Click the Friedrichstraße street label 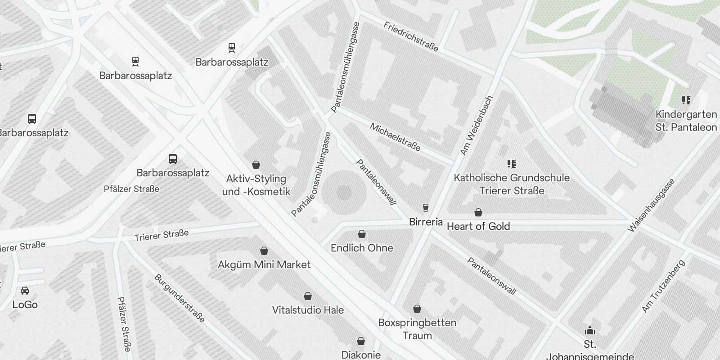[411, 36]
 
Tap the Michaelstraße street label [395, 137]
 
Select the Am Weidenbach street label [477, 126]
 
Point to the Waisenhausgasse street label [651, 206]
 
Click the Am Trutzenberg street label [663, 286]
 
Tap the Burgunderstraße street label [180, 298]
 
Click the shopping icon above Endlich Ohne [361, 234]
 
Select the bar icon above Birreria [425, 208]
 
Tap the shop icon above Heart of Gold [478, 212]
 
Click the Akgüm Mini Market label [264, 265]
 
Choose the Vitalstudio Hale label [308, 310]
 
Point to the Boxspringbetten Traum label [417, 329]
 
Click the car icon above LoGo [25, 291]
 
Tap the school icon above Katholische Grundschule [511, 163]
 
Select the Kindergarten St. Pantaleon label [686, 121]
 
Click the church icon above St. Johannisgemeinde [590, 331]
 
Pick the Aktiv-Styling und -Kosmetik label [256, 185]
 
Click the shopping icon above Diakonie [361, 341]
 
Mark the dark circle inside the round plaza [344, 193]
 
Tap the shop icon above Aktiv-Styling [256, 165]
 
